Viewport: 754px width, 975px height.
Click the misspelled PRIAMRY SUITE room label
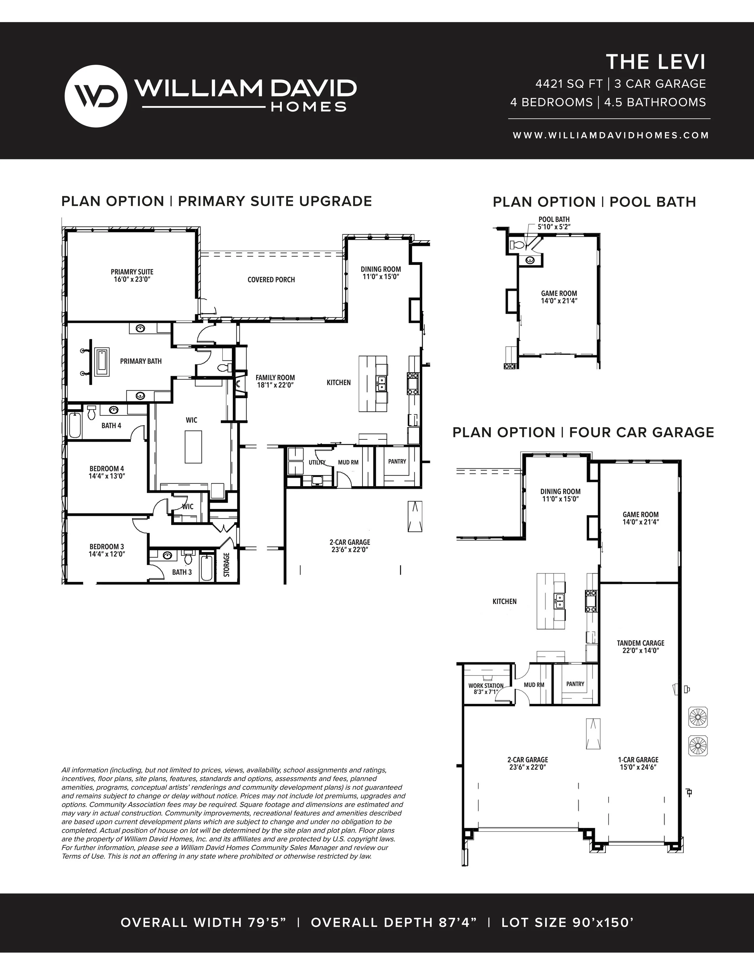pos(132,272)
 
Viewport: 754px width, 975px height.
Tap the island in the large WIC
pos(193,447)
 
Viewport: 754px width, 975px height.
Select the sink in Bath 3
pos(167,556)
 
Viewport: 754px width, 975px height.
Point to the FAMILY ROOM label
pos(275,378)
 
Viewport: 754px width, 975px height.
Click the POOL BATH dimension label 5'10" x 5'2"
pos(554,227)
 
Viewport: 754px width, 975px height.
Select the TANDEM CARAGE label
pos(641,643)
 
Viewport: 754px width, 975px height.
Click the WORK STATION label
pos(486,686)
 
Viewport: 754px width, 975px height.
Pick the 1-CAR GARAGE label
pos(638,760)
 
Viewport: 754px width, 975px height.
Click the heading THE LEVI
pos(655,62)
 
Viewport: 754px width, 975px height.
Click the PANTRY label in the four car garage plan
pos(575,684)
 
